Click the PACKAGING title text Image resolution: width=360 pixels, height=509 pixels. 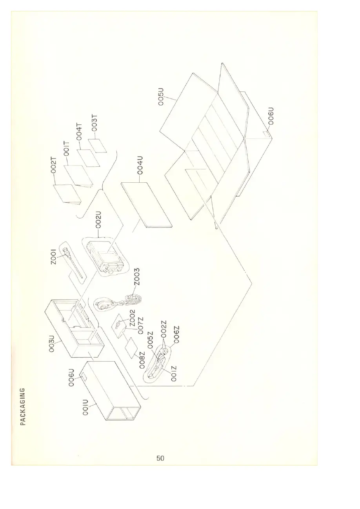(23, 406)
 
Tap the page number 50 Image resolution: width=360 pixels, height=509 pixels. (160, 458)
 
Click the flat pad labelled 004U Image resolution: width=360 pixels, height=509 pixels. (147, 204)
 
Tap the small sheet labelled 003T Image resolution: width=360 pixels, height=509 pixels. (97, 145)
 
